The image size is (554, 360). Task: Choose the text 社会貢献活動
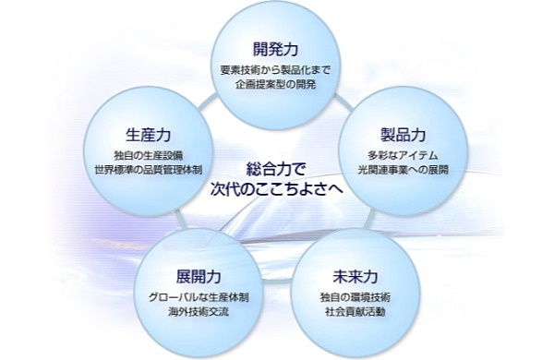(x=355, y=312)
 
